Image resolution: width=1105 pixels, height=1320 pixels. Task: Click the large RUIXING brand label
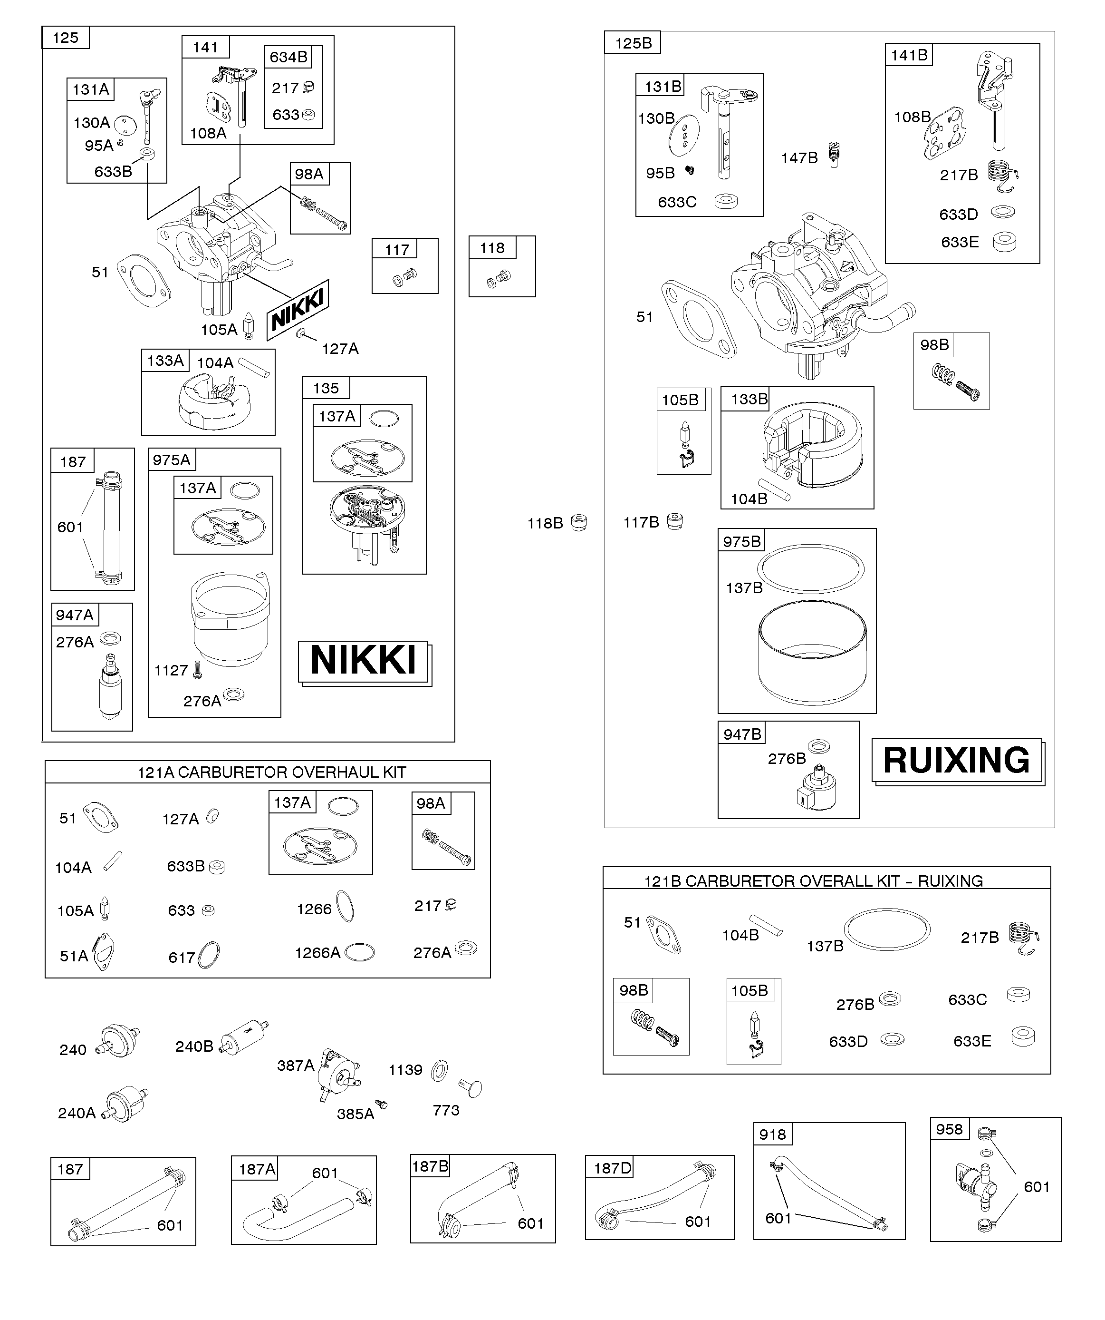pyautogui.click(x=956, y=761)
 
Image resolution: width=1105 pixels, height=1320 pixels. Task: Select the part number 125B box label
pyautogui.click(x=633, y=43)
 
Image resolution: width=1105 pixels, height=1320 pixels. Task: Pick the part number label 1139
pyautogui.click(x=405, y=1070)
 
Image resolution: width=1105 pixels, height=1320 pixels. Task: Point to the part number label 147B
pyautogui.click(x=799, y=158)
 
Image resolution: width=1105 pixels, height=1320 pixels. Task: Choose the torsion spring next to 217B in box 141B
pyautogui.click(x=1004, y=176)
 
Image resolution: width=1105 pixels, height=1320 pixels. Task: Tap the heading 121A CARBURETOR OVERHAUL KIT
pyautogui.click(x=271, y=772)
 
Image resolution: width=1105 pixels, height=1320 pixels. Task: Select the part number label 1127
pyautogui.click(x=171, y=670)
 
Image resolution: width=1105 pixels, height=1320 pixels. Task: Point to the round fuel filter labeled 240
pyautogui.click(x=118, y=1042)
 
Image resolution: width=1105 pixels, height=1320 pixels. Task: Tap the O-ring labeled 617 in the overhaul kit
pyautogui.click(x=209, y=956)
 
